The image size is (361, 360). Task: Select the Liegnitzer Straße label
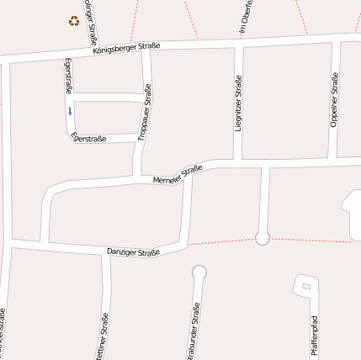point(238,104)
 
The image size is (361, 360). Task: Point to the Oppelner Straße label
point(334,99)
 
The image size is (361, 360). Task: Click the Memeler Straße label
point(178,175)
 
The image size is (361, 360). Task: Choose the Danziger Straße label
point(133,251)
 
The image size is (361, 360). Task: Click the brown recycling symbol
point(74,20)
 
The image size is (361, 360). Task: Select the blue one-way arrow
point(70,110)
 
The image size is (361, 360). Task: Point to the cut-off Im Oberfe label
point(242,17)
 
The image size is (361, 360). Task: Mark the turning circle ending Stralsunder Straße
point(199,272)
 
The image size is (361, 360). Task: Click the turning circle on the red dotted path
point(263,238)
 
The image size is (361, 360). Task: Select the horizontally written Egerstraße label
point(89,137)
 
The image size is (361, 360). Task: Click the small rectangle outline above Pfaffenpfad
point(305,286)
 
